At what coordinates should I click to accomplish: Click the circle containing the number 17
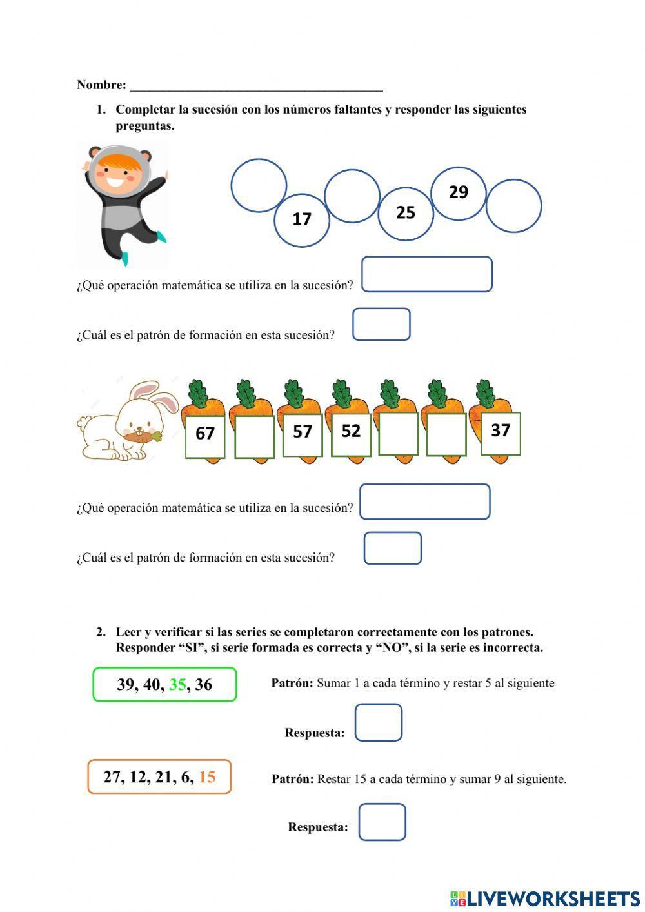(x=302, y=220)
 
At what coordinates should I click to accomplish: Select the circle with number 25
(x=405, y=213)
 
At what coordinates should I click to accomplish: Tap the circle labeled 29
(x=458, y=193)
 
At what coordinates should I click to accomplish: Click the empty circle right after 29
(x=513, y=206)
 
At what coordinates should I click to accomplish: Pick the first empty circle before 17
(x=259, y=185)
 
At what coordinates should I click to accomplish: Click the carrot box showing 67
(x=205, y=434)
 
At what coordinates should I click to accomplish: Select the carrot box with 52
(x=351, y=432)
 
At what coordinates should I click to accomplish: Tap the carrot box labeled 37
(x=501, y=432)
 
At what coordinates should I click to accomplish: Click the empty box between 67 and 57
(x=254, y=437)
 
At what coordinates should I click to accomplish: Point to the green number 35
(x=177, y=685)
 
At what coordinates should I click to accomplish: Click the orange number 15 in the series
(x=207, y=777)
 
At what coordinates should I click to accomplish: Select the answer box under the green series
(x=379, y=722)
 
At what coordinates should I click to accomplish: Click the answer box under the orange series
(x=382, y=822)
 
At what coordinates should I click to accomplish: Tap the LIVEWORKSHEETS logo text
(x=552, y=898)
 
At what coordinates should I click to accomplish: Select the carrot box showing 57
(x=303, y=433)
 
